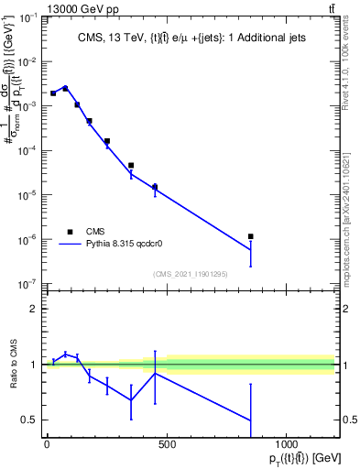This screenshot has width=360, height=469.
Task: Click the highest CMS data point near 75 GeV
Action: click(x=65, y=88)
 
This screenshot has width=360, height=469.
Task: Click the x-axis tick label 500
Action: click(x=167, y=443)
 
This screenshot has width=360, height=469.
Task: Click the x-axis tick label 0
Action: click(x=47, y=443)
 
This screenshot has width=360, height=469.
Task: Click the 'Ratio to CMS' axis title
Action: click(x=12, y=365)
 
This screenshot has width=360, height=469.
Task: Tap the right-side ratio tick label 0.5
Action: click(x=348, y=420)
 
